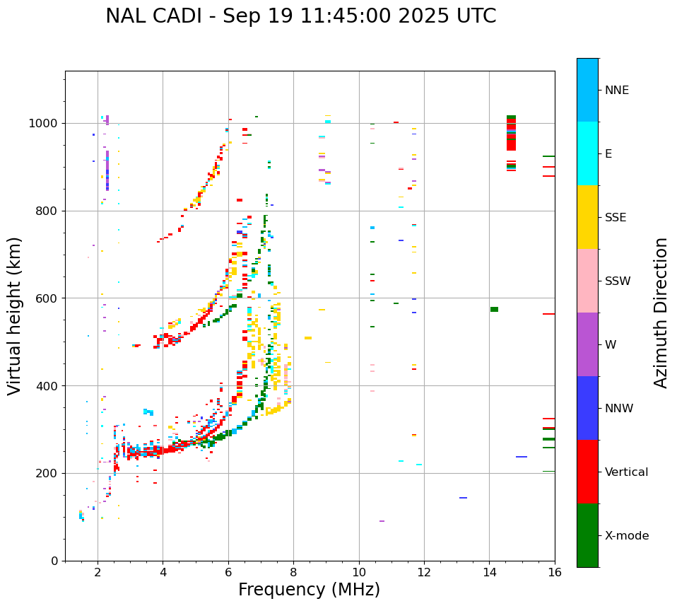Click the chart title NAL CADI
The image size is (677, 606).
300,16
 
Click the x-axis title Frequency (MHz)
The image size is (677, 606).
309,590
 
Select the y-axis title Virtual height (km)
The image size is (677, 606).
15,315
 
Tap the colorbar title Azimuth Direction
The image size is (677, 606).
661,313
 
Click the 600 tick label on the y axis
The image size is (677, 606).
47,298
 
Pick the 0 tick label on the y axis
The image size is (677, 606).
54,561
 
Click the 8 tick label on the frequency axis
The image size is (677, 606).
293,572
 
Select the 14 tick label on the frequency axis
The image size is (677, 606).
489,572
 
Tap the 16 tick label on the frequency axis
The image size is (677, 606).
555,572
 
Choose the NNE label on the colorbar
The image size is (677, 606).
616,91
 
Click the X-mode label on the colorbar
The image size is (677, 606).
626,536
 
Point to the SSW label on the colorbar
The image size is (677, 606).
617,281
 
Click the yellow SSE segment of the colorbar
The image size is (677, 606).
587,217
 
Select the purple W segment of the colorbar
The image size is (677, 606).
587,344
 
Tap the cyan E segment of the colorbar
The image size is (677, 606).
587,153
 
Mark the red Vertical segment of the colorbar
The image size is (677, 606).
587,472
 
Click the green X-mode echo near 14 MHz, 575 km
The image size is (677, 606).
494,309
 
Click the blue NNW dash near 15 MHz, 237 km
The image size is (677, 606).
522,457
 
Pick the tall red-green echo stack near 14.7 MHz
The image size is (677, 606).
511,134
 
